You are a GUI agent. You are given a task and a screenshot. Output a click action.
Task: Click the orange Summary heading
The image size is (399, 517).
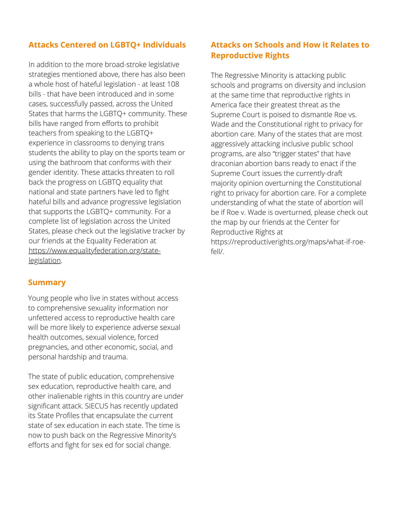47,282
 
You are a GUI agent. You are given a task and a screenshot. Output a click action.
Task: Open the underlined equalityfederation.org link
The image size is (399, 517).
95,251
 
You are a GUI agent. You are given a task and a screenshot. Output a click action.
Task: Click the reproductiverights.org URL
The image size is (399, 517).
288,242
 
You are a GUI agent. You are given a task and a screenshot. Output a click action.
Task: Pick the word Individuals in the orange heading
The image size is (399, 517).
164,45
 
